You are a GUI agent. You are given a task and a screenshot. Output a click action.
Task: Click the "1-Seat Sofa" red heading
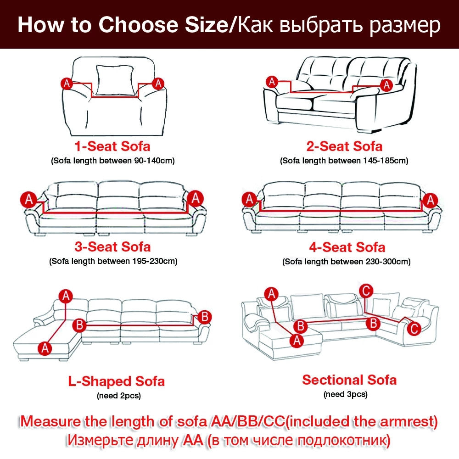coord(112,146)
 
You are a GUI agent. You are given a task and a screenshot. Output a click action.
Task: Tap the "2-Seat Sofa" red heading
coord(344,146)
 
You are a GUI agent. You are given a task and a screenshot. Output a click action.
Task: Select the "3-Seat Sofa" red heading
coord(112,247)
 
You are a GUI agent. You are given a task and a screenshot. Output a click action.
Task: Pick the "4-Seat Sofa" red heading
coord(347,247)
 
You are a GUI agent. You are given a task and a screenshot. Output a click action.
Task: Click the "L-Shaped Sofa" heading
coord(116,381)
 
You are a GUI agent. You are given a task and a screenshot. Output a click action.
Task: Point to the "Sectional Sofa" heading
coord(349,380)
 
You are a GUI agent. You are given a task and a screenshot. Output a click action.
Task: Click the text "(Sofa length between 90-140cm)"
coord(113,161)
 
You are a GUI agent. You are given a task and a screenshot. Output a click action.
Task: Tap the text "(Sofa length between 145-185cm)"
coord(344,161)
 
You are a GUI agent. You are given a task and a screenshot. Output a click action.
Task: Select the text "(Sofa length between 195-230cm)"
coord(113,261)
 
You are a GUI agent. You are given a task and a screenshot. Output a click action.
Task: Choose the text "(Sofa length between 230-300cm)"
coord(346,262)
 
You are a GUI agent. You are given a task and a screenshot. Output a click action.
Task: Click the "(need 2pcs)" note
coord(119,396)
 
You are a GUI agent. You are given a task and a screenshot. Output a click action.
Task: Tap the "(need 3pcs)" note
coord(346,394)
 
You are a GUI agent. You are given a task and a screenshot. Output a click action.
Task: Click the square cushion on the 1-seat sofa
coord(115,80)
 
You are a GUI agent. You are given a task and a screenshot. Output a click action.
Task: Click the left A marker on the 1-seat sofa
coord(67,84)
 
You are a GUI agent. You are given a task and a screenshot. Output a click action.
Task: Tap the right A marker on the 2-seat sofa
coord(386,85)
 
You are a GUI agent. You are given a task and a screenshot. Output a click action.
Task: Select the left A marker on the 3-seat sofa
coord(28,200)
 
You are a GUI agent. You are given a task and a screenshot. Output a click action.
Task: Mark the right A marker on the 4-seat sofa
coord(430,201)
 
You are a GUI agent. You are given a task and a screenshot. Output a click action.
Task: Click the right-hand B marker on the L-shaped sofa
coord(205,317)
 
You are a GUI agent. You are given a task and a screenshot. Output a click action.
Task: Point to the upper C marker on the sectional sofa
coord(366,291)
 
